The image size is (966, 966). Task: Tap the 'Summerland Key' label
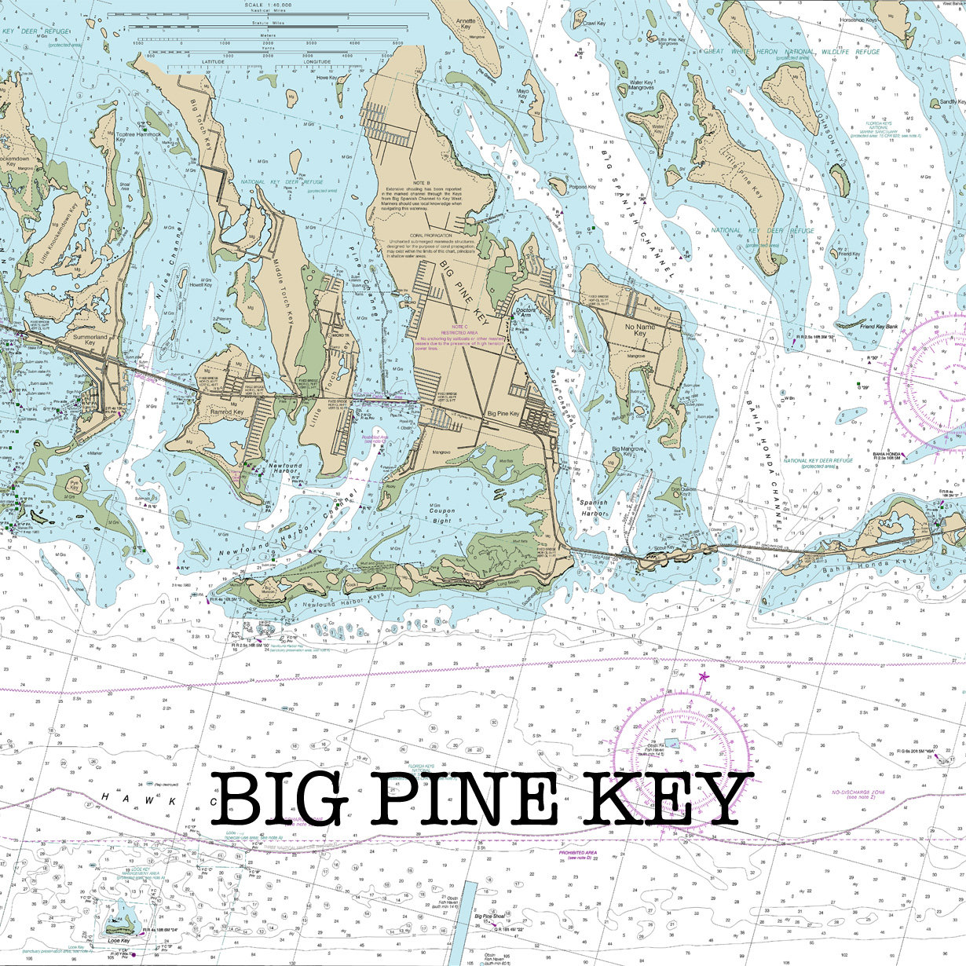(x=89, y=339)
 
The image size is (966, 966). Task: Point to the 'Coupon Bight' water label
(x=441, y=515)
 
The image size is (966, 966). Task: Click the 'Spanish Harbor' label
(x=594, y=507)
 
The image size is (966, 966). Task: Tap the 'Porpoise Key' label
(x=583, y=187)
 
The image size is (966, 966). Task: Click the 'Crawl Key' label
(x=594, y=24)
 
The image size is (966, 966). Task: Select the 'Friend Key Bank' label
(x=878, y=326)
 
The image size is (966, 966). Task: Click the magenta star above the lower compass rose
(x=704, y=676)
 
